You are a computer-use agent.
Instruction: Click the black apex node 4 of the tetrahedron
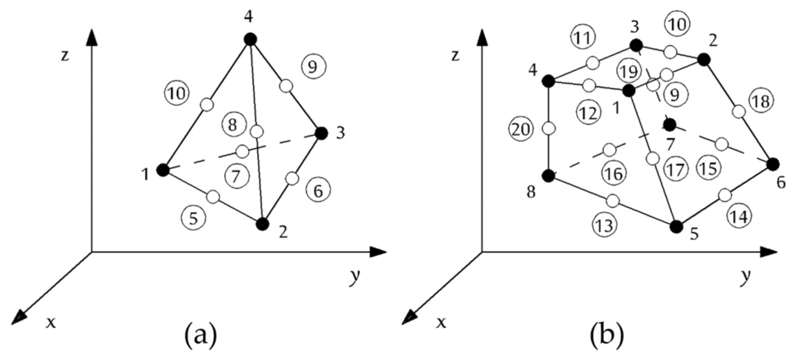click(x=250, y=39)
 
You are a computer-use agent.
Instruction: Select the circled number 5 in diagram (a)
click(x=193, y=218)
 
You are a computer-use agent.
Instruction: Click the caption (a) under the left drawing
click(x=201, y=337)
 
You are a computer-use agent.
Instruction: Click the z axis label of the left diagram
click(x=65, y=56)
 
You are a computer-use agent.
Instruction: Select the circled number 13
click(x=605, y=226)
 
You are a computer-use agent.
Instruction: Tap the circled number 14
click(x=738, y=217)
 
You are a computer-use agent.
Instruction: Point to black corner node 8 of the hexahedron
click(x=549, y=176)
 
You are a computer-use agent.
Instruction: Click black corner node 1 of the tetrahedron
click(x=162, y=170)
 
